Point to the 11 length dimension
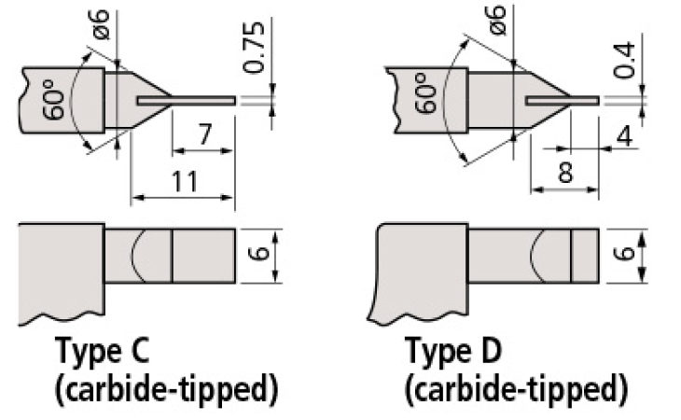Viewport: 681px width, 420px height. [x=183, y=181]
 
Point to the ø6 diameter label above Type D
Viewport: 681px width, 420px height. [x=496, y=18]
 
